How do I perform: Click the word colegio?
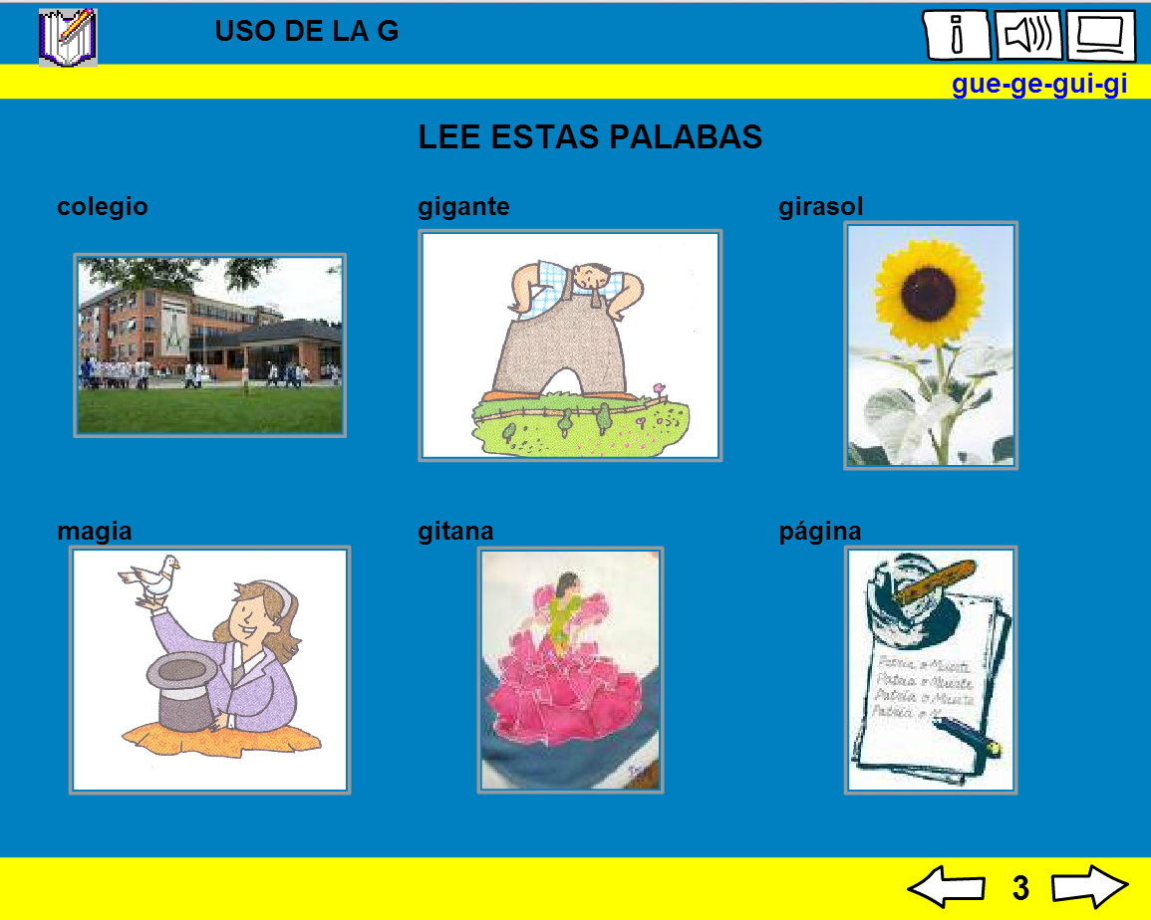(x=103, y=206)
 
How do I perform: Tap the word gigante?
(x=463, y=206)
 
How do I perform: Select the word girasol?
(x=820, y=206)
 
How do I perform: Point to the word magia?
(x=95, y=531)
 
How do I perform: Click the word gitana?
(x=455, y=531)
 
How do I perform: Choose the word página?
(x=819, y=531)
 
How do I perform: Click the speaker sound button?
(x=1028, y=36)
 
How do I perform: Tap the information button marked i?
(x=957, y=36)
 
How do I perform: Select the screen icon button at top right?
(x=1100, y=36)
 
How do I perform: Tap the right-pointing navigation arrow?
(x=1089, y=886)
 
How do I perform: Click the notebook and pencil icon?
(x=68, y=36)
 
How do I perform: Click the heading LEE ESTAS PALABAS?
(x=590, y=137)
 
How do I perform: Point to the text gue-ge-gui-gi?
(x=1038, y=85)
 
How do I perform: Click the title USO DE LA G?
(x=306, y=31)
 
